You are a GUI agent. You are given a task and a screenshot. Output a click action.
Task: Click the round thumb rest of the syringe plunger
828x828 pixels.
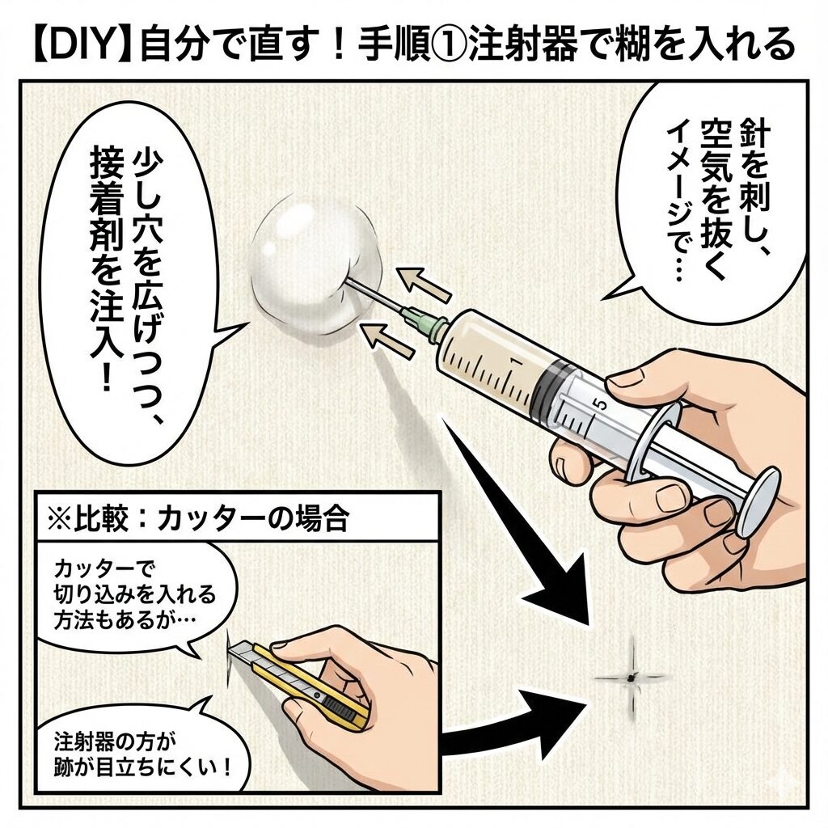point(756,501)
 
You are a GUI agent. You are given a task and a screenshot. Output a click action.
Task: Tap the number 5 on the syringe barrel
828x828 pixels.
point(601,405)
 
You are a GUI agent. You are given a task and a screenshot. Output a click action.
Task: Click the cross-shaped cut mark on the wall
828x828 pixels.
point(630,678)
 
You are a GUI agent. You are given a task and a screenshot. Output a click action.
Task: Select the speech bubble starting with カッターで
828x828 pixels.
point(136,595)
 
